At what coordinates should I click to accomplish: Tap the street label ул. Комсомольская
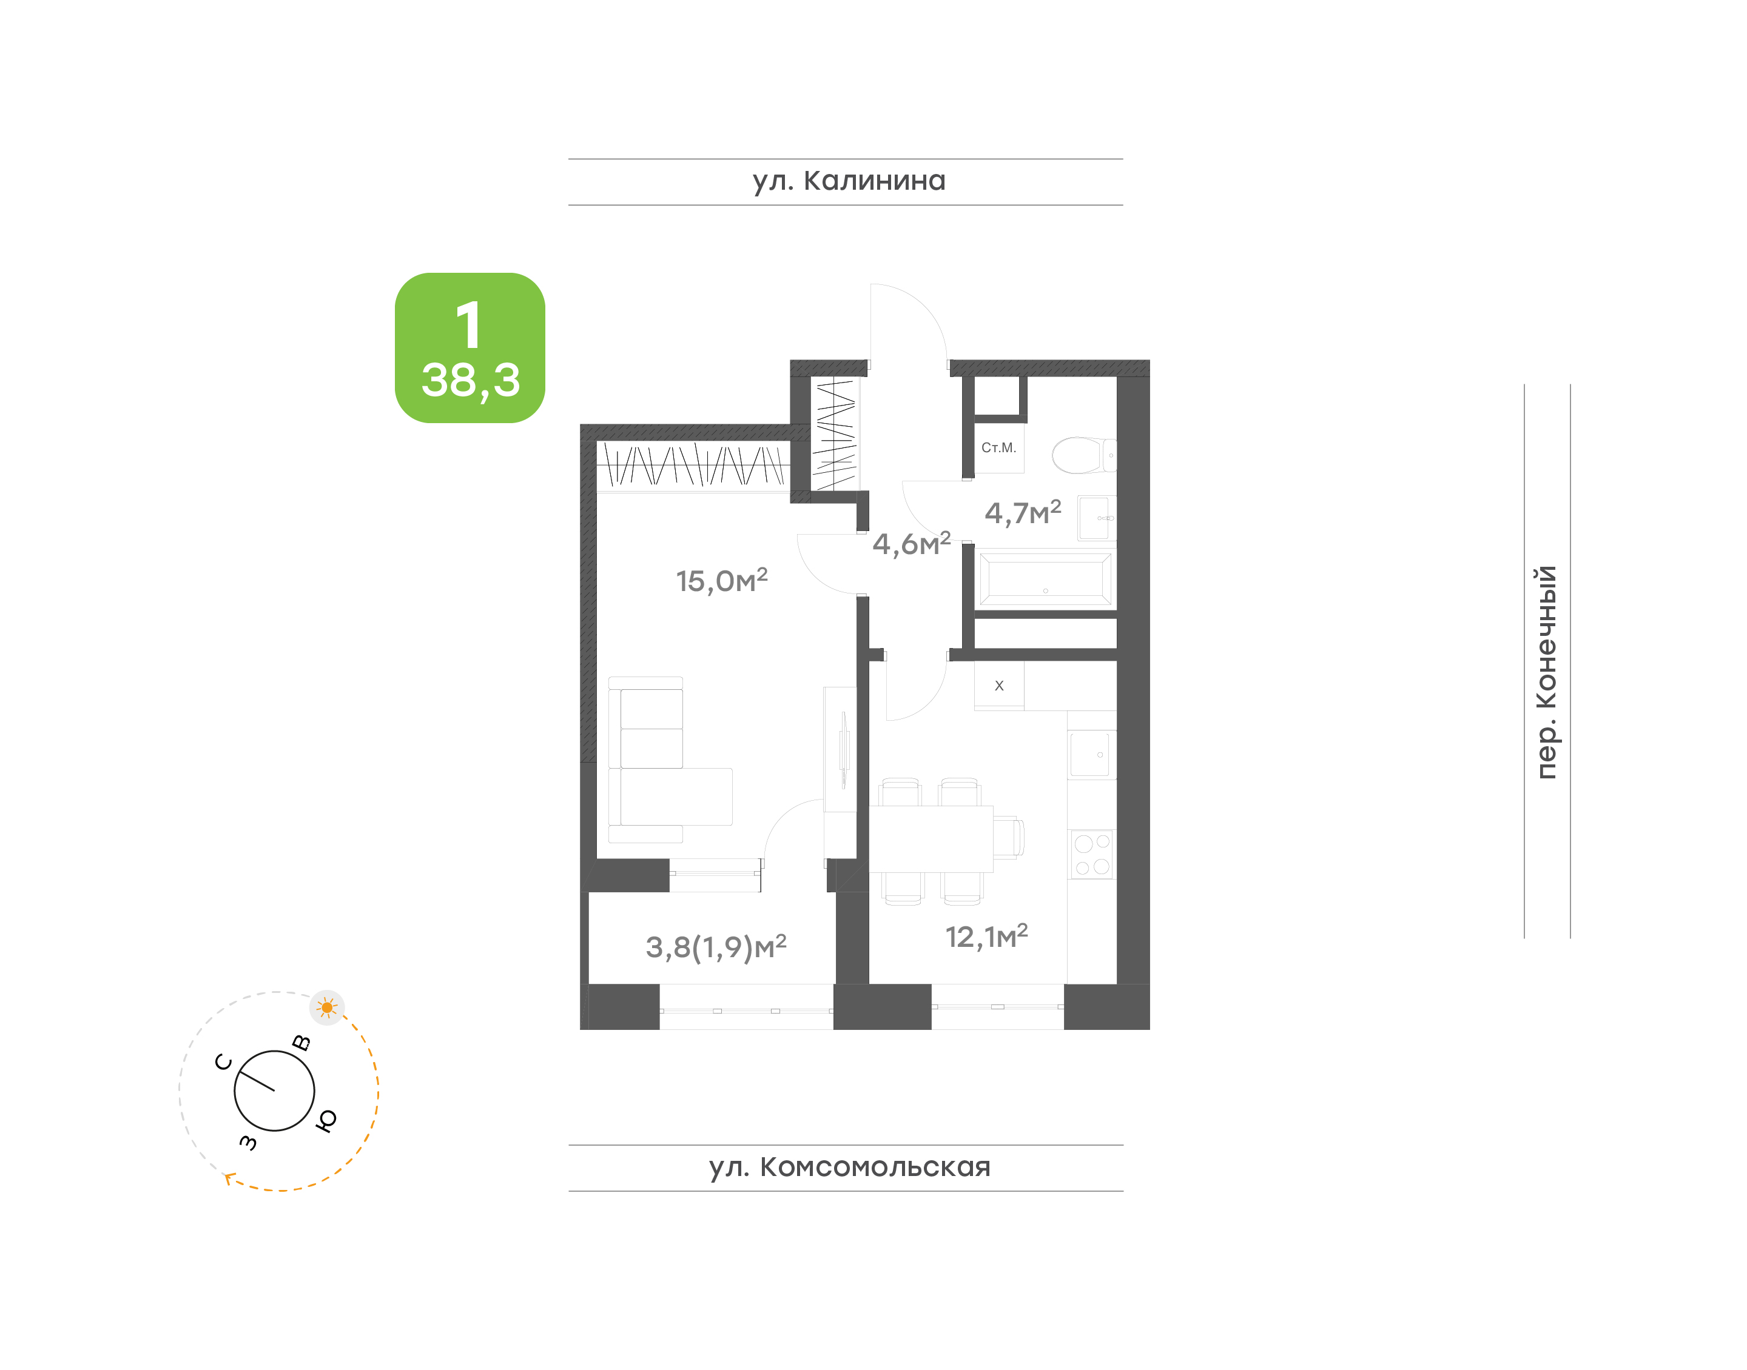tap(849, 1167)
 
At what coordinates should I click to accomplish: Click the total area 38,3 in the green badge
tap(470, 380)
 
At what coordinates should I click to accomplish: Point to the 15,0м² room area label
tap(721, 580)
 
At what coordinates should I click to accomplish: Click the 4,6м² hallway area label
tap(911, 543)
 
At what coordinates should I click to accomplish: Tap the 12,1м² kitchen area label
tap(986, 936)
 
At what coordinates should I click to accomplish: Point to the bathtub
tap(1045, 578)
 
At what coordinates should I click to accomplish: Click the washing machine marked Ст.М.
tap(999, 449)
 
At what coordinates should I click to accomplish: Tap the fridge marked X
tap(999, 686)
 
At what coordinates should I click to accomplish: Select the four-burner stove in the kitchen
tap(1091, 854)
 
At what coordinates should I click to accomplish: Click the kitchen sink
tap(1091, 754)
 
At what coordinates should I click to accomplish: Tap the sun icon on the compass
tap(326, 1007)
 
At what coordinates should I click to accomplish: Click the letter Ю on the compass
tap(326, 1120)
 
